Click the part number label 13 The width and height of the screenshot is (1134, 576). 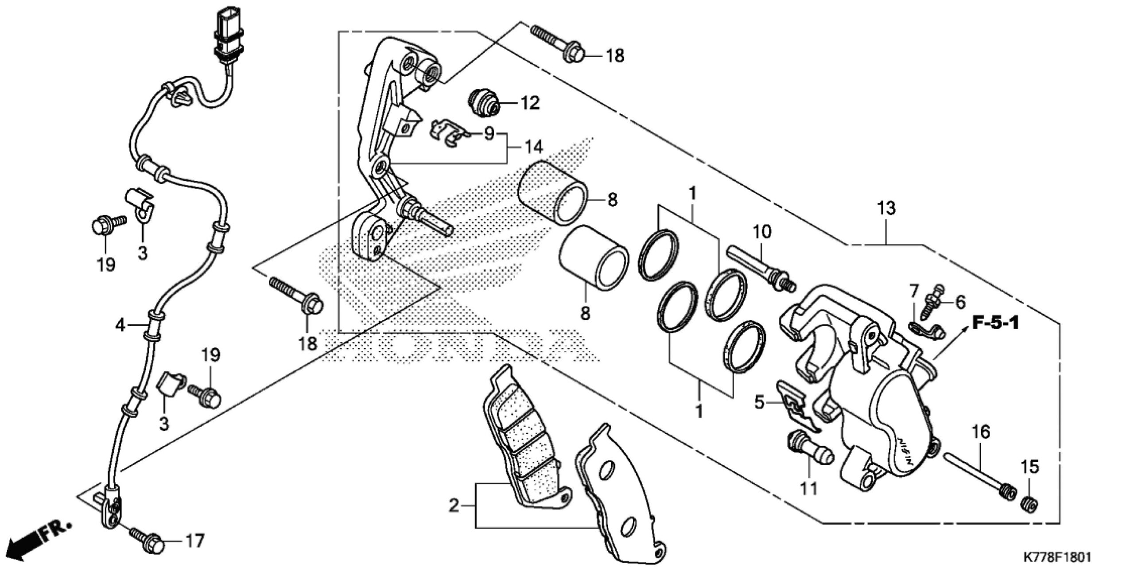[886, 208]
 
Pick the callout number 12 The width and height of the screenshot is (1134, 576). [530, 103]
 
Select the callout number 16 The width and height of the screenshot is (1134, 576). [981, 432]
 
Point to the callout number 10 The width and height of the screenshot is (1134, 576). [762, 231]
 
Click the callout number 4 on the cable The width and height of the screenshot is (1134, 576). [120, 326]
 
